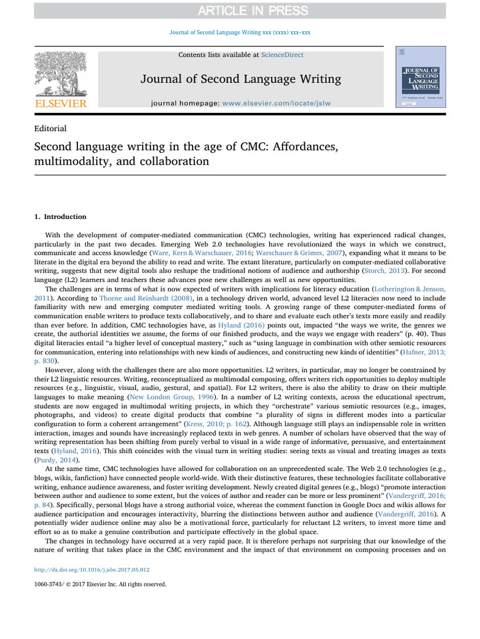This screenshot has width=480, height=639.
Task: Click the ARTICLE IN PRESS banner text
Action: pos(240,11)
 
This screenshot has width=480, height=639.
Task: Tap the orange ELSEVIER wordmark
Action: pos(60,104)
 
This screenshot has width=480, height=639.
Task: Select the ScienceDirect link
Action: pos(282,55)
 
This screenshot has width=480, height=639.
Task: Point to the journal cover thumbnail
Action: pos(421,77)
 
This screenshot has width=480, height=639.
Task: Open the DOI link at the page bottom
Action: pos(92,570)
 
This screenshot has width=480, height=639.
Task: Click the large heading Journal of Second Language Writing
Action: pos(241,79)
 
